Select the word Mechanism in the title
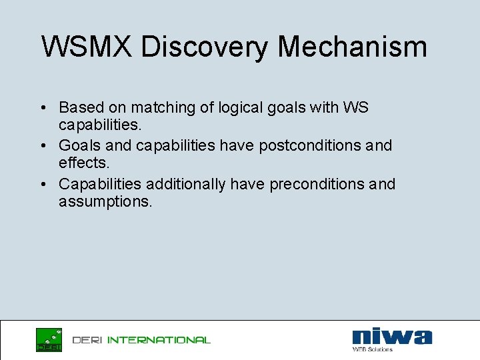point(353,47)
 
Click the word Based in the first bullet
point(77,107)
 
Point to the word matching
point(161,107)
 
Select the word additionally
point(186,184)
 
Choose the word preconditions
point(317,184)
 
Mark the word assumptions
point(105,201)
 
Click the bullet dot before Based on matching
point(42,108)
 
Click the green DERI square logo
point(49,339)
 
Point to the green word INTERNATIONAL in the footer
point(159,340)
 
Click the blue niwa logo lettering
point(391,337)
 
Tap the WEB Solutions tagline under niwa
point(373,349)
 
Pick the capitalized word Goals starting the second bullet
point(78,145)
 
